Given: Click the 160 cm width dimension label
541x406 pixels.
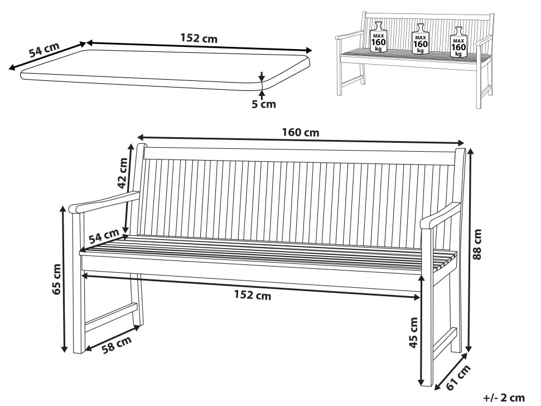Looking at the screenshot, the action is click(x=301, y=133).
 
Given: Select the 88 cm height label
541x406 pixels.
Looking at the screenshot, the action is click(x=477, y=244).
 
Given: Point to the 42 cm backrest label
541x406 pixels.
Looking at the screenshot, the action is click(x=123, y=173).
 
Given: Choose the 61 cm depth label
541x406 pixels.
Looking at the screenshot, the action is click(x=459, y=378).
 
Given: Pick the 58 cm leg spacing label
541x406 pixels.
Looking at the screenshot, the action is click(x=117, y=345).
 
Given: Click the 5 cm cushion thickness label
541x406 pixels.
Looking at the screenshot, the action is click(x=264, y=104).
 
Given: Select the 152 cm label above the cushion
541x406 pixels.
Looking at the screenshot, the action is click(x=199, y=38).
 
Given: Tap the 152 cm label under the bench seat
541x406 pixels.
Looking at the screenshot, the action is click(x=253, y=295).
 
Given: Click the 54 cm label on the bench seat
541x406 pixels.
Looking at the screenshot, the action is click(x=104, y=236).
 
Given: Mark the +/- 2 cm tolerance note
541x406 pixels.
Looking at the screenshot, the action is click(x=504, y=398).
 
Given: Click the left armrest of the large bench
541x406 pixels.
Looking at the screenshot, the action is click(x=104, y=201).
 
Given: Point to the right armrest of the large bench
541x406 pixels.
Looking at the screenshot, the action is click(x=440, y=216).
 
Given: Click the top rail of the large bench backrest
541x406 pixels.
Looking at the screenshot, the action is click(x=300, y=156).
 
